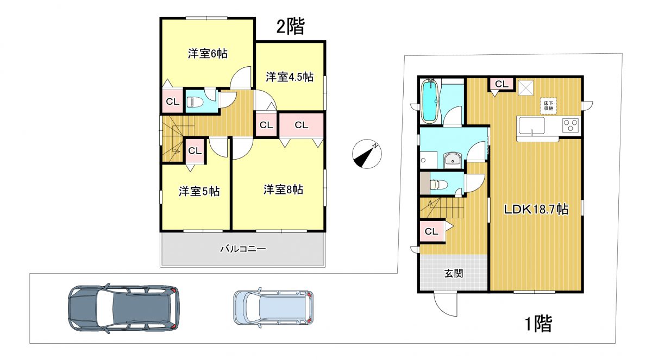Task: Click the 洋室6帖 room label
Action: (x=208, y=54)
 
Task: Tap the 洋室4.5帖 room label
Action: (x=290, y=77)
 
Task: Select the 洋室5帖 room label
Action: (x=199, y=191)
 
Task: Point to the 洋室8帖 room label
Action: (x=284, y=190)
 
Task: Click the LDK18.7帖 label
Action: (x=536, y=209)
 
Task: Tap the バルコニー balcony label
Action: (x=243, y=249)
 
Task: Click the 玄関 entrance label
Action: (x=454, y=273)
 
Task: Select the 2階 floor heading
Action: (x=290, y=27)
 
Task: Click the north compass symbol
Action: (x=367, y=154)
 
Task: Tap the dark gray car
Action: (x=123, y=308)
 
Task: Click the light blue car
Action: (x=274, y=307)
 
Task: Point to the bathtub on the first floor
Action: (x=430, y=100)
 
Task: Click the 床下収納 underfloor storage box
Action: (x=548, y=106)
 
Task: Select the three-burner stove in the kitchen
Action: (x=570, y=125)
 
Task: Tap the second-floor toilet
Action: (x=191, y=102)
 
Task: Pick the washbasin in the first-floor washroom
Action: (x=452, y=161)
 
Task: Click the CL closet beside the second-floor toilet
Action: (x=172, y=102)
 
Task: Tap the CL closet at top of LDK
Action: (x=501, y=84)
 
